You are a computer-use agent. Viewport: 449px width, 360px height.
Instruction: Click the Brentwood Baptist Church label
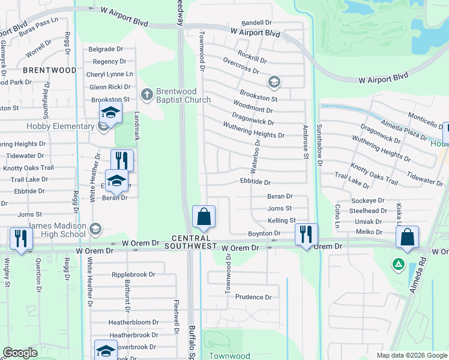183,95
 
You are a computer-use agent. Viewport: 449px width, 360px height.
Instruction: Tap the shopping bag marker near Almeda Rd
407,237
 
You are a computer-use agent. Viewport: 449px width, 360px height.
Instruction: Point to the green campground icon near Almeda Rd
397,263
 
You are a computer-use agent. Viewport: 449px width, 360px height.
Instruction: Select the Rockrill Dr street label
252,58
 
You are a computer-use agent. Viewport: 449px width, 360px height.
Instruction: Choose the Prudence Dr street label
253,297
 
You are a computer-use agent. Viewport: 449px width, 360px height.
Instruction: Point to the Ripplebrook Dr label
133,274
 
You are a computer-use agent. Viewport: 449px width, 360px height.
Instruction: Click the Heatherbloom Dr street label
133,322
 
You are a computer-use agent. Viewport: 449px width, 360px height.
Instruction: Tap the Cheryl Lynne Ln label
110,74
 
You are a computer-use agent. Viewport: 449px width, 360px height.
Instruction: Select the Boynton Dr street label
261,233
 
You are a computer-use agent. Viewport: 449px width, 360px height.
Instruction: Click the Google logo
20,353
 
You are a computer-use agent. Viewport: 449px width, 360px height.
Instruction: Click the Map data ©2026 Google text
412,355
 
